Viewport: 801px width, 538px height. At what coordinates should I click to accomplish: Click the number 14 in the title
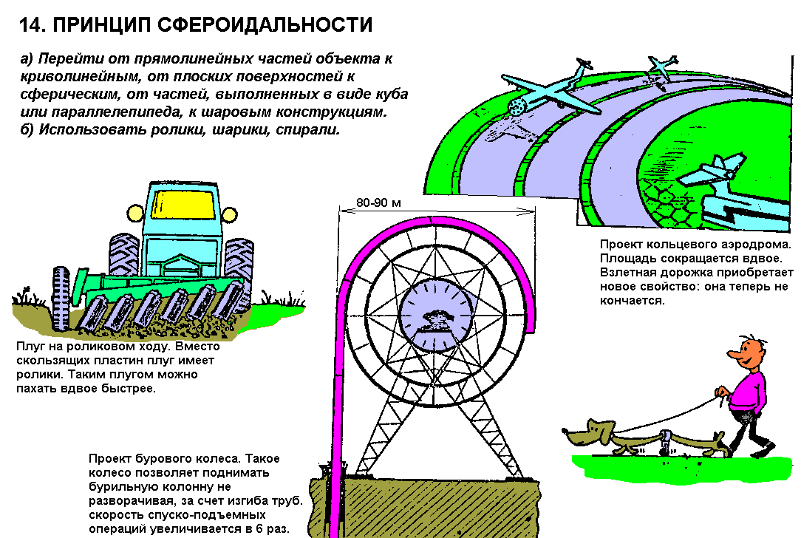31,24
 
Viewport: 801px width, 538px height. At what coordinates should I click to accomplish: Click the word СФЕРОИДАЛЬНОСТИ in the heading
265,24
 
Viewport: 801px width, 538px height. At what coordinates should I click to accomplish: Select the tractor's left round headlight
135,213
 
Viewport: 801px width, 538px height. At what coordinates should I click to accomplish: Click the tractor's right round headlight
229,214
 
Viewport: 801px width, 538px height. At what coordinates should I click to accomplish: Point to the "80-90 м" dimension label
378,202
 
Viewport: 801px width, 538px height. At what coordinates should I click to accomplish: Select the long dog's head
587,432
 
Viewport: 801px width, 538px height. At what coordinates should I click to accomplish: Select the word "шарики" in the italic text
239,130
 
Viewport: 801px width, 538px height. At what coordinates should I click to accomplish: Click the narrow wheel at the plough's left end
61,298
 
